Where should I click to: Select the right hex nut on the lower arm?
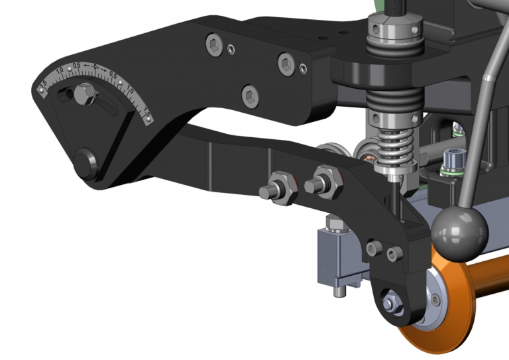pos(324,180)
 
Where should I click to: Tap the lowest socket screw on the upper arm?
pos(250,95)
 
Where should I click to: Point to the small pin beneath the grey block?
pos(339,290)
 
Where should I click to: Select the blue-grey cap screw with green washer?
pos(453,160)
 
